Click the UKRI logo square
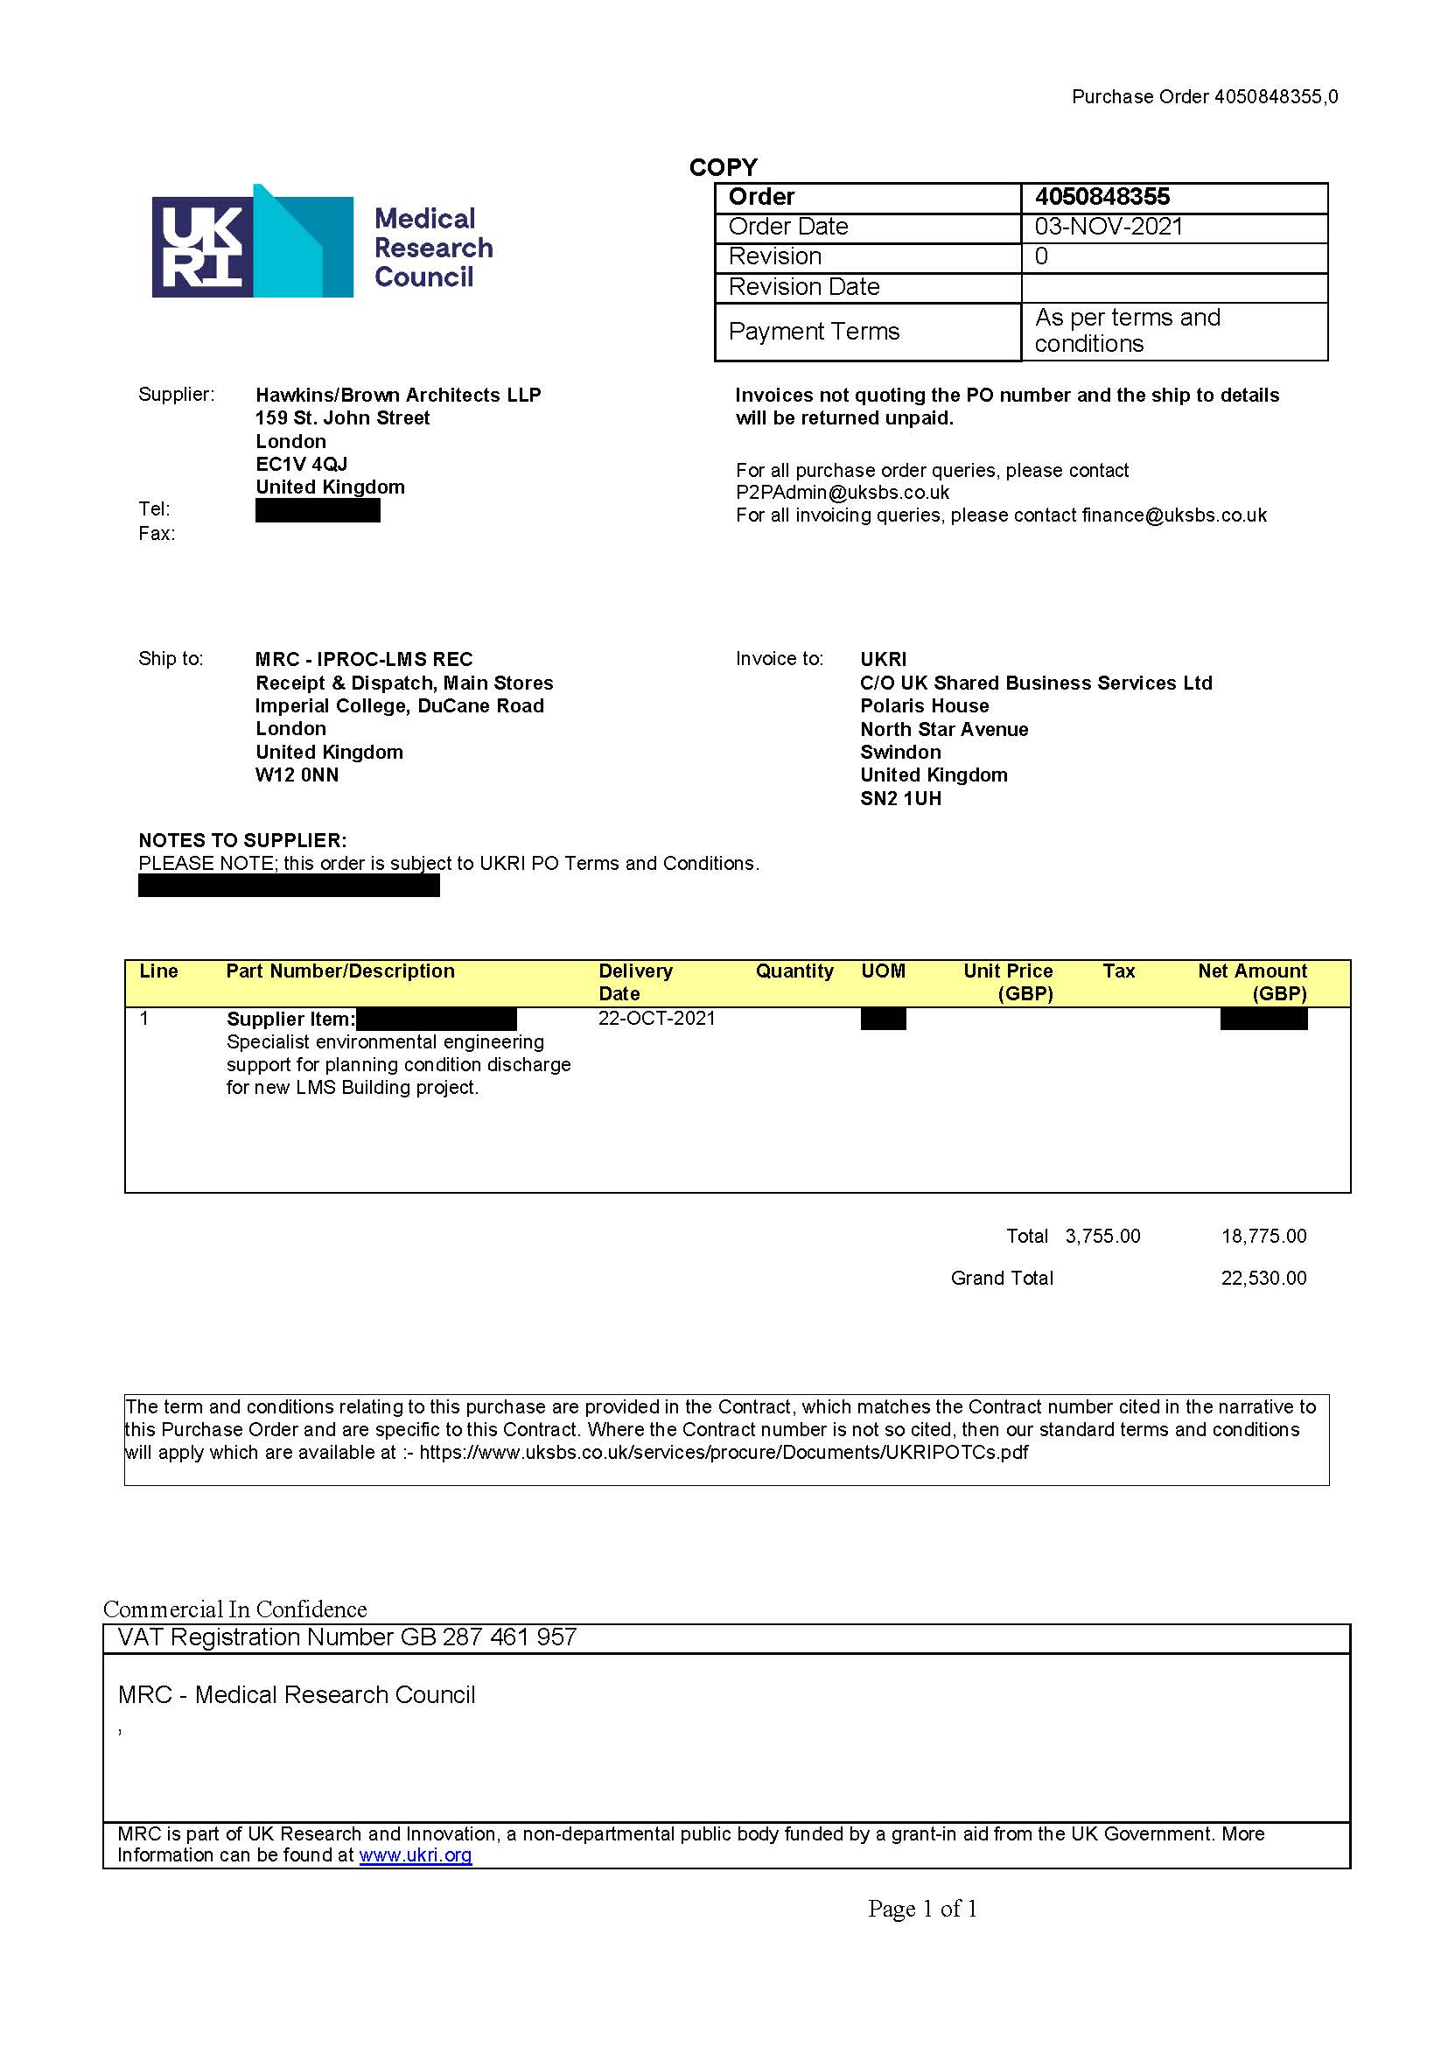(202, 246)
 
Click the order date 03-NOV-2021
(1109, 227)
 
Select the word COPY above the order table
(723, 168)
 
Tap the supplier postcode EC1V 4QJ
(301, 464)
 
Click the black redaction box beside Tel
(318, 510)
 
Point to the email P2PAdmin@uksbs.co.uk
(842, 493)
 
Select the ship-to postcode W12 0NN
(297, 775)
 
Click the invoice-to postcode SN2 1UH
(900, 798)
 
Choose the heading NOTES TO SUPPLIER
(242, 840)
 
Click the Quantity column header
(794, 971)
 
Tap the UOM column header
(883, 971)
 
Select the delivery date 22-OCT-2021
(656, 1019)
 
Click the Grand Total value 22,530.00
(1263, 1278)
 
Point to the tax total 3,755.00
(1102, 1237)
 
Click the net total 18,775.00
(1263, 1237)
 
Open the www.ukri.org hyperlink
(416, 1855)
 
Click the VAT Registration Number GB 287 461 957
(347, 1637)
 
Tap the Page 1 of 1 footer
(922, 1909)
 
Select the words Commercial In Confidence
(235, 1609)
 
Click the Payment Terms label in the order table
(814, 332)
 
